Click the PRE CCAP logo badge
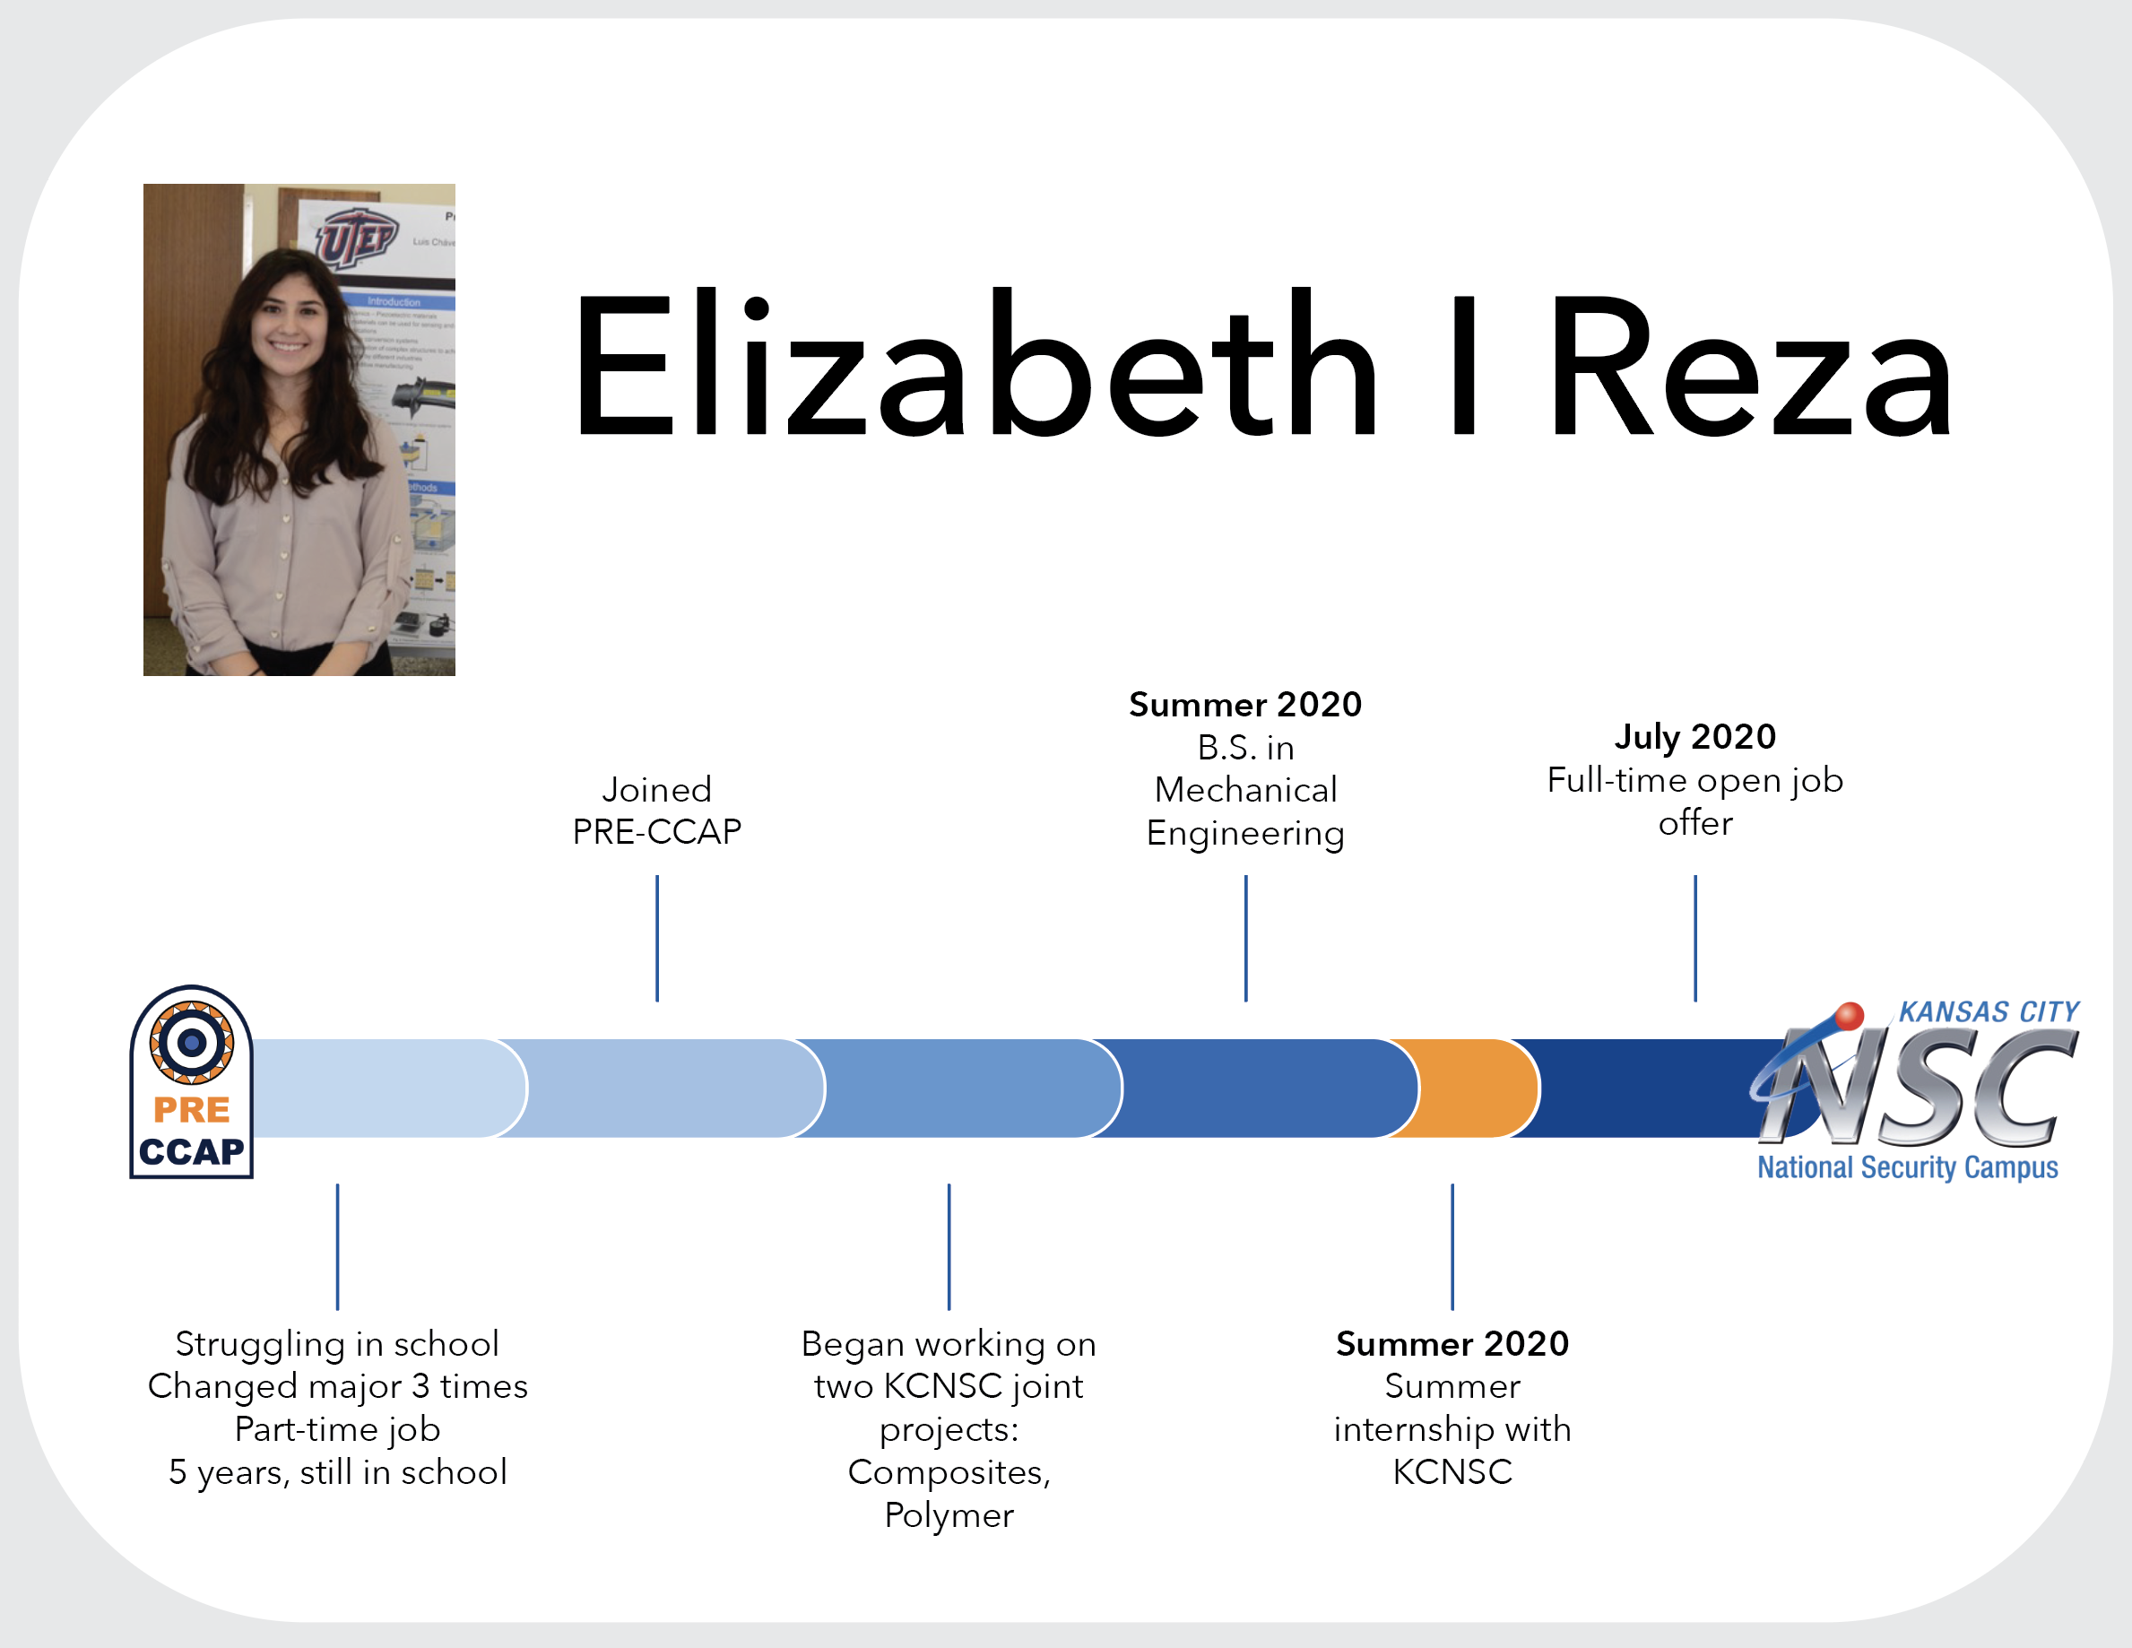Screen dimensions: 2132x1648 click(191, 1081)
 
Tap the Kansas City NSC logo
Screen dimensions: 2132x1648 click(1913, 1089)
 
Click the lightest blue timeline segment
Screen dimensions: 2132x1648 click(381, 1088)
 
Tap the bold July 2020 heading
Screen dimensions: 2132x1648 click(1694, 736)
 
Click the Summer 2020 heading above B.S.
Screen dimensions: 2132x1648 click(1245, 704)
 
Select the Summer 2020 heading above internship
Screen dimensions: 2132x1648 click(1452, 1343)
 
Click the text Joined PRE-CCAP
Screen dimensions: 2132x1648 click(657, 811)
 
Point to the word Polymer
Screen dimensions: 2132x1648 click(949, 1515)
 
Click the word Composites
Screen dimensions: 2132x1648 click(949, 1472)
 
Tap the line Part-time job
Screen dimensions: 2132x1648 click(338, 1429)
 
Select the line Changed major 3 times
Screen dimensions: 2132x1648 click(338, 1386)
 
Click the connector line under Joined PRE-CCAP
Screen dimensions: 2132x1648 click(657, 938)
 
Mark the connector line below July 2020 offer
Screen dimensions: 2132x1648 click(1695, 938)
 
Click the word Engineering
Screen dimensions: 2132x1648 click(1245, 834)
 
